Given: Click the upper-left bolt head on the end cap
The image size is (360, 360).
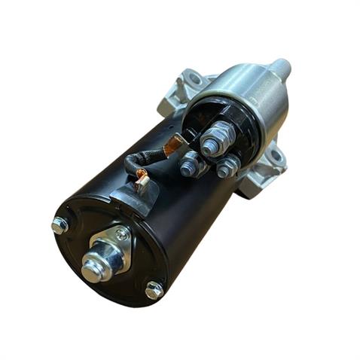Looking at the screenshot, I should click(59, 224).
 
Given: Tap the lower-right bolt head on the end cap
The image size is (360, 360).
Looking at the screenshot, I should click(154, 289).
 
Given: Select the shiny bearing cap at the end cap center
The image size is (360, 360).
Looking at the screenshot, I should click(93, 267).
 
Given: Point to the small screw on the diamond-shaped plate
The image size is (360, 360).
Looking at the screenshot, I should click(121, 234).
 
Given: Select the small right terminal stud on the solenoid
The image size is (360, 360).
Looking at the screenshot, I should click(224, 168).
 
